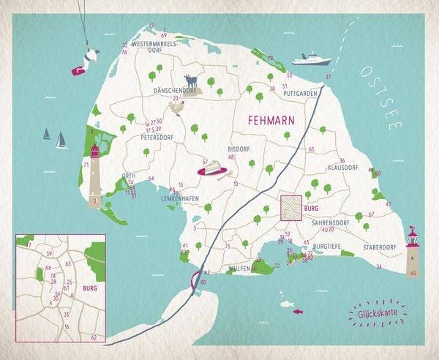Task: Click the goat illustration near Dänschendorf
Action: (x=191, y=83)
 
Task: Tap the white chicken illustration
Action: (x=176, y=108)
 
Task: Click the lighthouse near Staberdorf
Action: (x=413, y=250)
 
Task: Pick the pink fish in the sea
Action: (x=298, y=311)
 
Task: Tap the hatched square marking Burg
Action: (x=291, y=208)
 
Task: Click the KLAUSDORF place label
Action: (x=342, y=168)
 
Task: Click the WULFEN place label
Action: (x=239, y=269)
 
